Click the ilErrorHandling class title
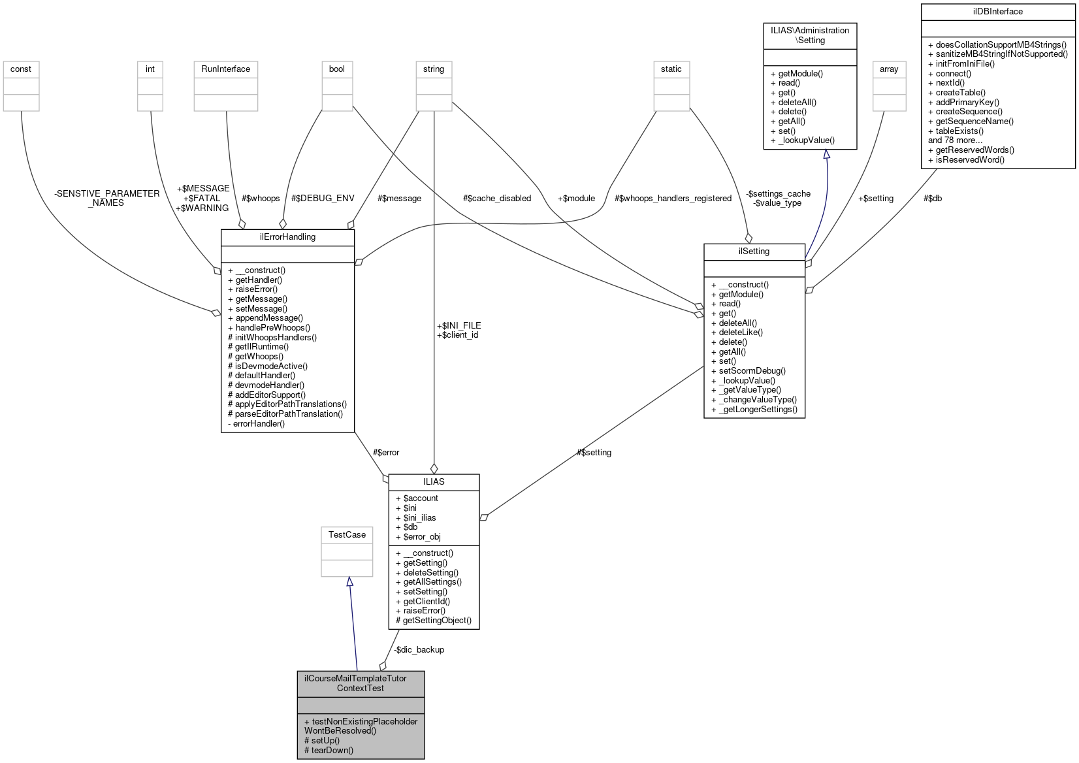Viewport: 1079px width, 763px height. (x=287, y=237)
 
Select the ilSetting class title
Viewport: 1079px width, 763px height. (x=754, y=252)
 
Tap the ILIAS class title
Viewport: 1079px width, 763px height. (x=434, y=482)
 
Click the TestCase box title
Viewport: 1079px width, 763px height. (x=347, y=535)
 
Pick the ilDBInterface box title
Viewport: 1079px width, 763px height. (x=997, y=12)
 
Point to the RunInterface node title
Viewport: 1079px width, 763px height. (x=225, y=69)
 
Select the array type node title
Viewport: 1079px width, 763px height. (x=889, y=69)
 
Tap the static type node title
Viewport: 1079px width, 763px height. (x=671, y=69)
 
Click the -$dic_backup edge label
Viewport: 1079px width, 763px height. (x=419, y=650)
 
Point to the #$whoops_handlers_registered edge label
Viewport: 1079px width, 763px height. (x=673, y=199)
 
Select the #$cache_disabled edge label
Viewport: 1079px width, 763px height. (x=496, y=199)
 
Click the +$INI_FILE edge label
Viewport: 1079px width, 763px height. (x=459, y=325)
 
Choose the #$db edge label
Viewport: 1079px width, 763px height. (x=932, y=199)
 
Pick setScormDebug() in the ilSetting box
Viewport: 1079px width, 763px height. (x=748, y=371)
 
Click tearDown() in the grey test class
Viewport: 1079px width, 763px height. (x=329, y=751)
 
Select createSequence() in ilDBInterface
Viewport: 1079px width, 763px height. (x=965, y=112)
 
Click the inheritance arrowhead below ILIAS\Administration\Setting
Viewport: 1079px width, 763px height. (x=826, y=155)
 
